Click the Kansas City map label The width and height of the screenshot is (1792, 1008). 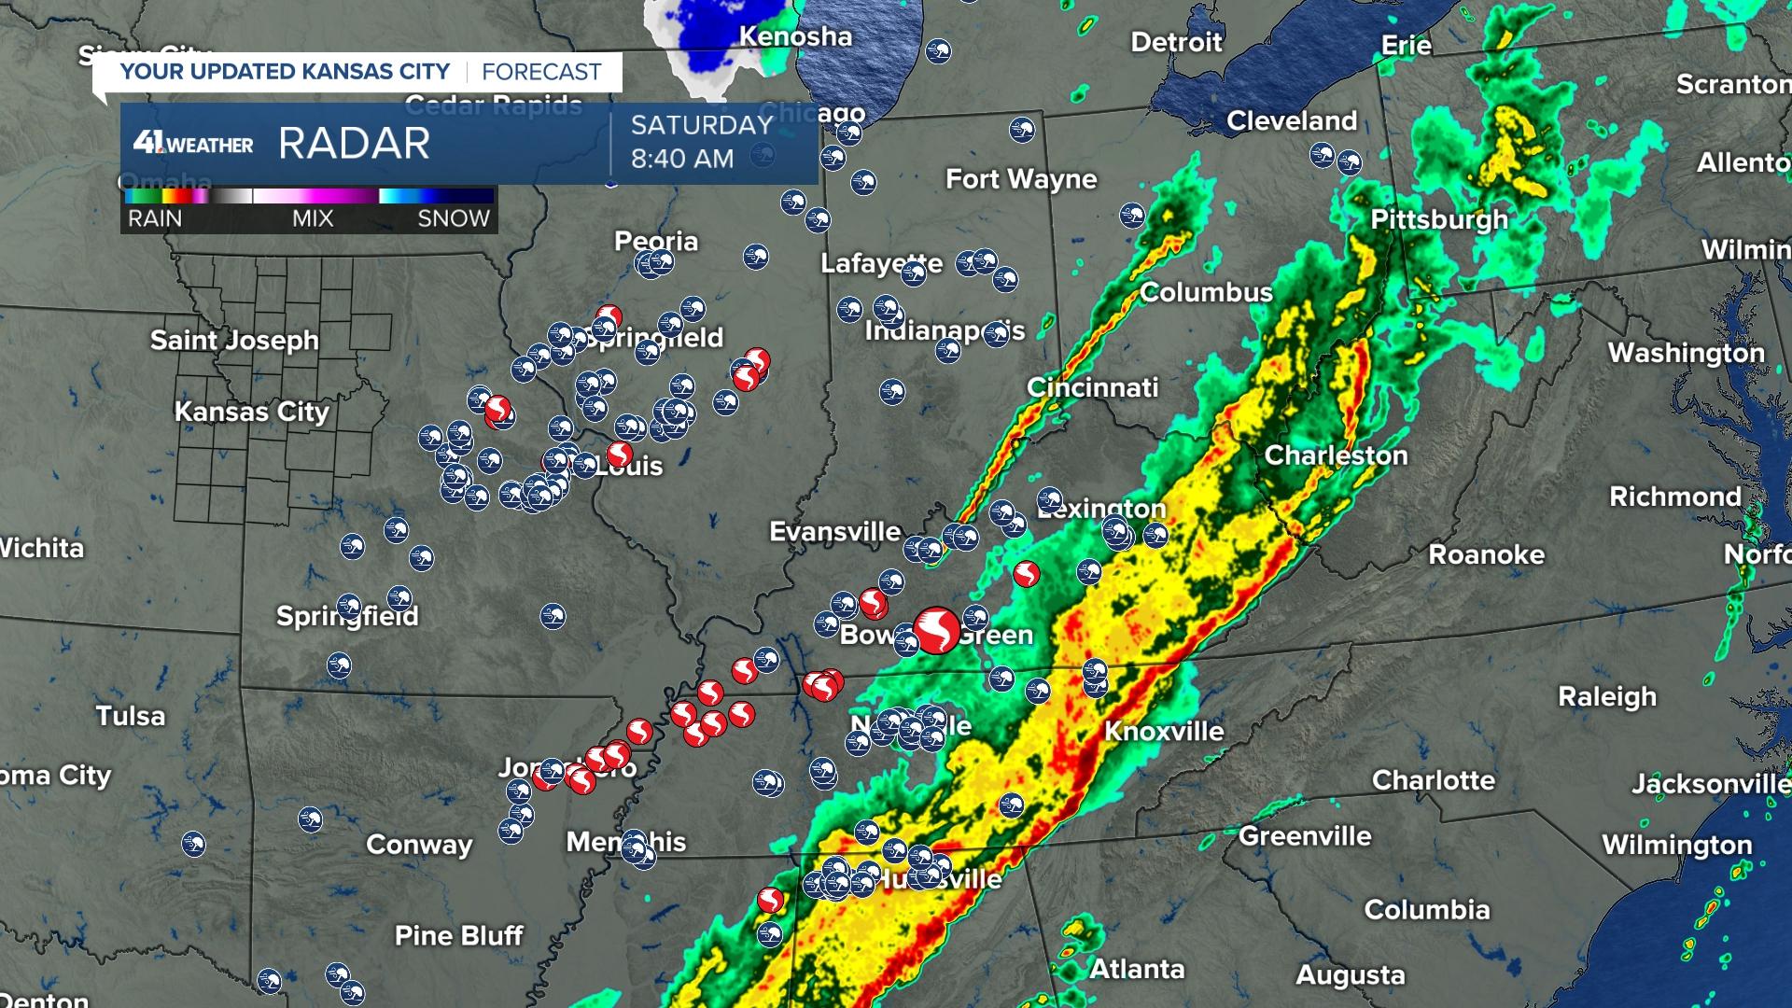[252, 412]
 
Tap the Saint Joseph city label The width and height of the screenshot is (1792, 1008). [234, 340]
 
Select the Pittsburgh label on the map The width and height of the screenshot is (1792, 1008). [1439, 219]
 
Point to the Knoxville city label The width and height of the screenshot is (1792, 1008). [1164, 731]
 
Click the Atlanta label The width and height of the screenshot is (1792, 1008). [1137, 969]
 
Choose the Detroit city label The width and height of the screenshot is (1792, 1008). [1176, 42]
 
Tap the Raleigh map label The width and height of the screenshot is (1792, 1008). [1607, 696]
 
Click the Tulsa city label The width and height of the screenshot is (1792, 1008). [131, 716]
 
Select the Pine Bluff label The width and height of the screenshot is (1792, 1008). [458, 935]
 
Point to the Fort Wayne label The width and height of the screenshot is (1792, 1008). [1021, 179]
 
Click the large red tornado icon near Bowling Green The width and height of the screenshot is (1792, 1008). [936, 630]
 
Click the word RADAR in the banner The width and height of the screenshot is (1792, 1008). [354, 144]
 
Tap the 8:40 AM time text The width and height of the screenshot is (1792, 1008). [681, 159]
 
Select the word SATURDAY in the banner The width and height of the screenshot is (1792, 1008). [702, 125]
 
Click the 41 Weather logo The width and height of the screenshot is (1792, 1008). [193, 144]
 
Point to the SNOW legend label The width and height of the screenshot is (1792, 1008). [454, 218]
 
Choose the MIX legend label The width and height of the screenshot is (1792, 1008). [312, 218]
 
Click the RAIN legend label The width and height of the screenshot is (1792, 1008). [155, 218]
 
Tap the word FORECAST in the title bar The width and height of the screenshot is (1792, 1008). [541, 72]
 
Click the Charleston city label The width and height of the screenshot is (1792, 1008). [1336, 455]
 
